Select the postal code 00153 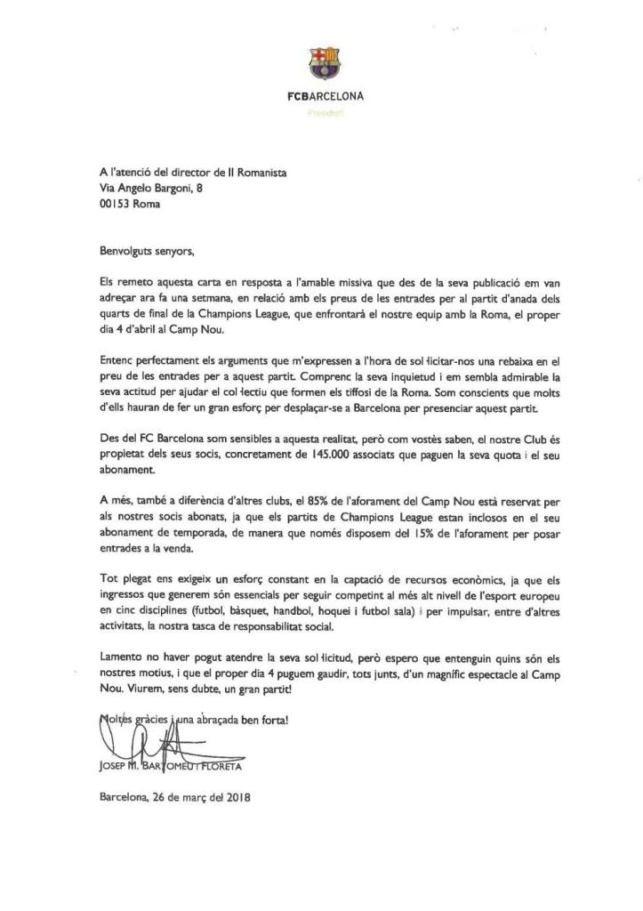(x=115, y=202)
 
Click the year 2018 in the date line (x=236, y=797)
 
